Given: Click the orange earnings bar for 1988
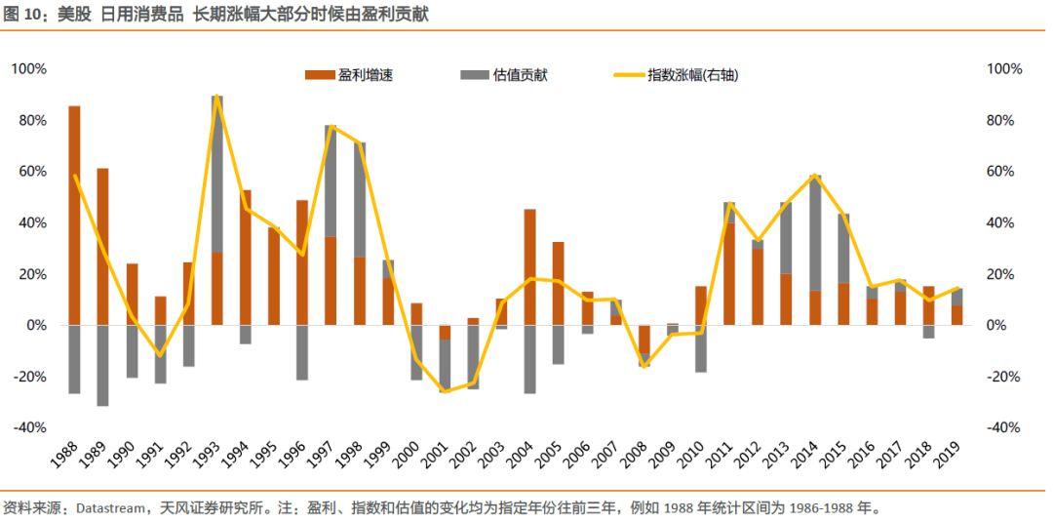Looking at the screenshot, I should [x=74, y=215].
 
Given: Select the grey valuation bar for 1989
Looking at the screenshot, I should [x=102, y=365].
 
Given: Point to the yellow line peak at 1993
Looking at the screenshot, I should [x=217, y=96].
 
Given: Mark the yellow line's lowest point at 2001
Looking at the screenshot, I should [x=445, y=391].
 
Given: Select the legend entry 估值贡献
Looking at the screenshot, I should [x=506, y=75].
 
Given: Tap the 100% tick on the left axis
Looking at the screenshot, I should [x=29, y=69].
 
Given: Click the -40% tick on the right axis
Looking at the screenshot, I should [x=1004, y=427].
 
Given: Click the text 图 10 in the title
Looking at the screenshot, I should [x=22, y=14].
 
